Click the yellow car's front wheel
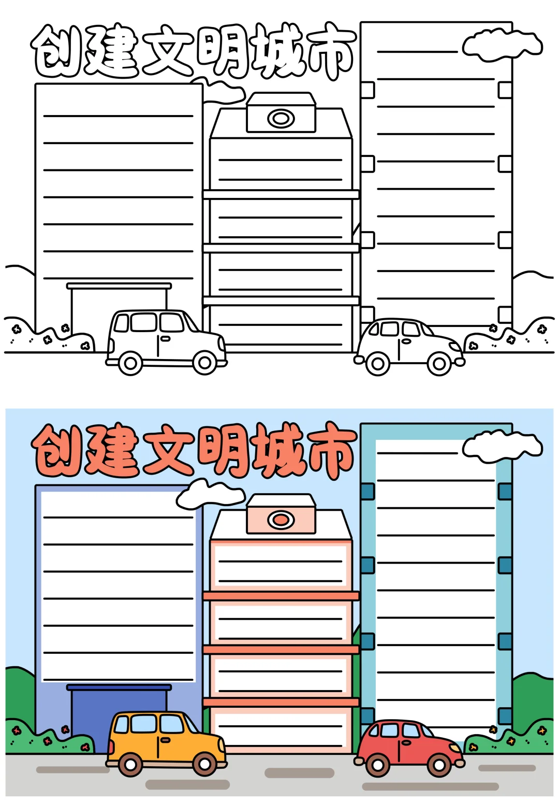click(x=205, y=764)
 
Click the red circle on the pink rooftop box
click(x=281, y=519)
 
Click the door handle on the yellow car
click(x=165, y=739)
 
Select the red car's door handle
click(x=407, y=742)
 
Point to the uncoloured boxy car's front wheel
click(x=205, y=363)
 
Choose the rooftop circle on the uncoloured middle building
click(x=281, y=119)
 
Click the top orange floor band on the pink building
click(x=281, y=596)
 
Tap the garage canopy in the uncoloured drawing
click(x=119, y=286)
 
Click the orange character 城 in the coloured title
click(x=277, y=449)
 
